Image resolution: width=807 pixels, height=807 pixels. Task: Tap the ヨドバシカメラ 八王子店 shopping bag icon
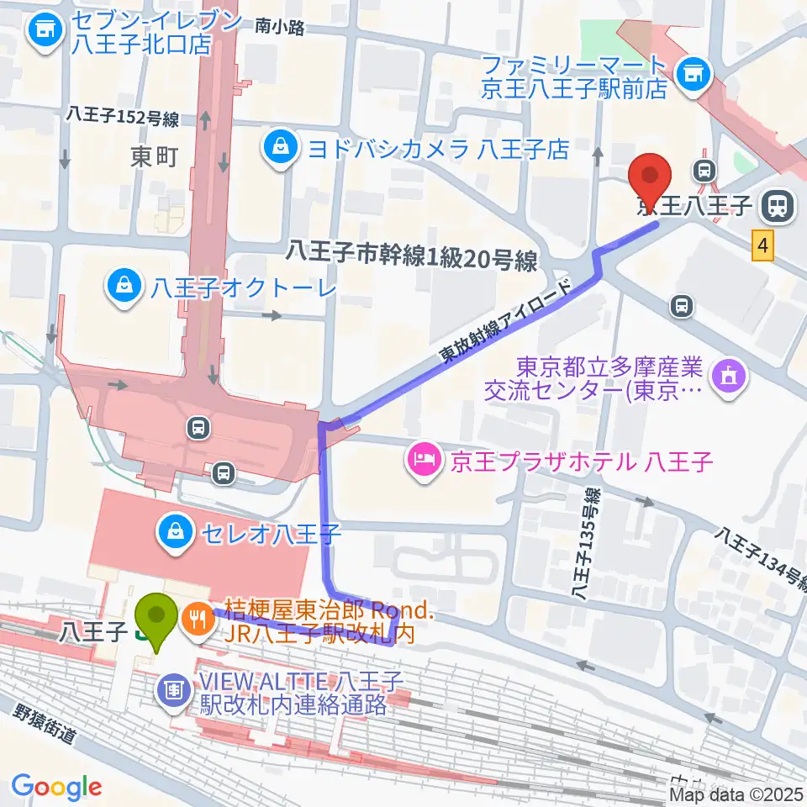(277, 150)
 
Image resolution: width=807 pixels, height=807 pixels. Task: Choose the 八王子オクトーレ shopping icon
(124, 288)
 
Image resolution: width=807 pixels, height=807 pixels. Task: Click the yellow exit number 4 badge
(762, 246)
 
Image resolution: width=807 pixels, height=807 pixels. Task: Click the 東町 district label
(154, 156)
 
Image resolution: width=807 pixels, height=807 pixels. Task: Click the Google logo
(56, 787)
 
